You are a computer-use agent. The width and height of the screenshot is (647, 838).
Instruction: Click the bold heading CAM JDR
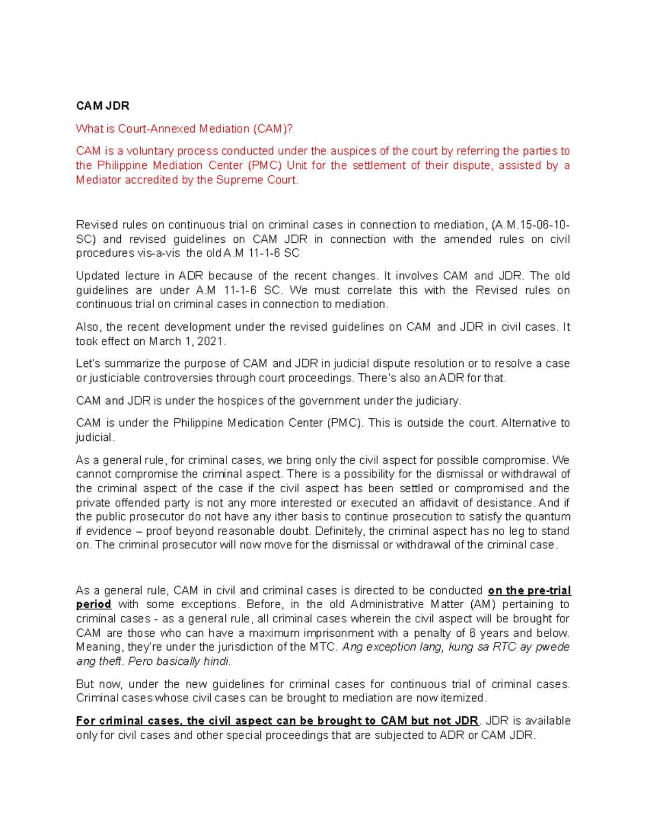pos(102,106)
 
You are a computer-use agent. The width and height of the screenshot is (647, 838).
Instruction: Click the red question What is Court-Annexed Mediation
pos(184,129)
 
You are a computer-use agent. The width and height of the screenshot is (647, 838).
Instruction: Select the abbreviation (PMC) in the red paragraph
pos(264,166)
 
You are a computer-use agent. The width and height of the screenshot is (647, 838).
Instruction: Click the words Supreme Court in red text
pos(256,180)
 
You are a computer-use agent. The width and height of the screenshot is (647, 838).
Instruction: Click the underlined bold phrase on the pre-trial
pos(529,590)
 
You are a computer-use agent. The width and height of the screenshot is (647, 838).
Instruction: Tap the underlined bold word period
pos(93,604)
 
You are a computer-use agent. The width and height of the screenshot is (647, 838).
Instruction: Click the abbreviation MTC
pos(323,647)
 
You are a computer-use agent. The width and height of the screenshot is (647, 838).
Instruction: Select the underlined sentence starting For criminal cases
pos(277,721)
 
